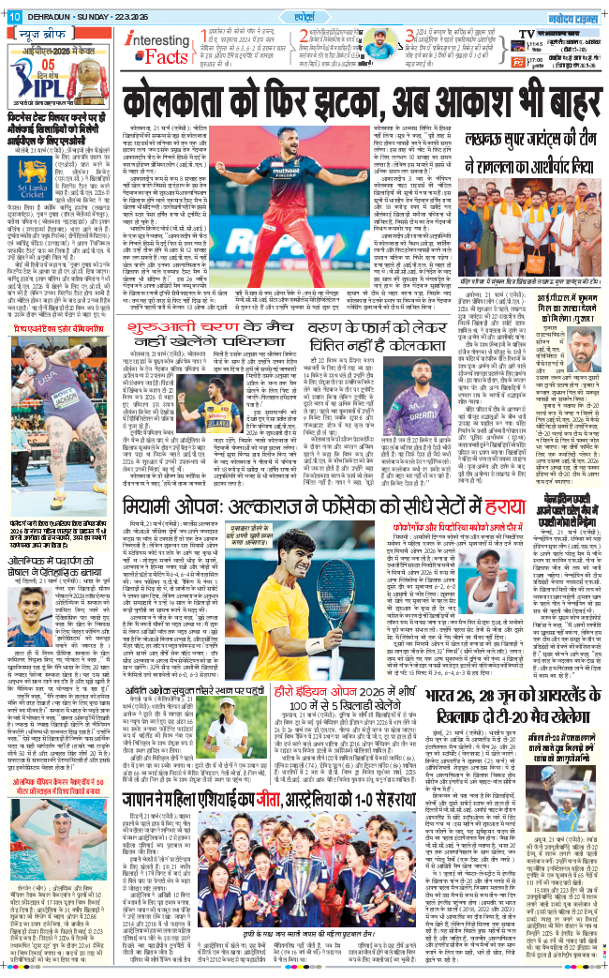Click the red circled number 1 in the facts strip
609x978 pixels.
[207, 35]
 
